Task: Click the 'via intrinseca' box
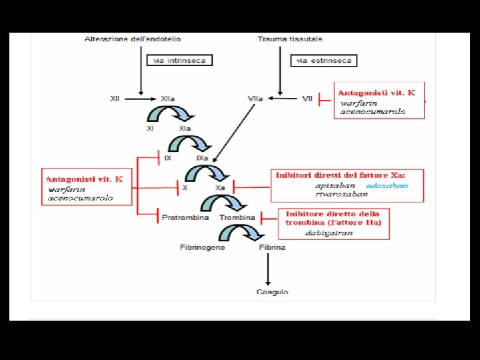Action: pyautogui.click(x=179, y=60)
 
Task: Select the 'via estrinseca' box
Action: pyautogui.click(x=324, y=60)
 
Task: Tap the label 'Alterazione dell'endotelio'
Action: pyautogui.click(x=133, y=39)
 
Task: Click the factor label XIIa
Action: pyautogui.click(x=167, y=99)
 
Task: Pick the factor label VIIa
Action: pyautogui.click(x=255, y=99)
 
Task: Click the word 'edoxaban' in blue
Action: pyautogui.click(x=387, y=186)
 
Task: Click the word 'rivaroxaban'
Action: pyautogui.click(x=341, y=194)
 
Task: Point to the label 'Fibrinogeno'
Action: pyautogui.click(x=202, y=247)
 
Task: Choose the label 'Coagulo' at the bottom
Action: pyautogui.click(x=272, y=291)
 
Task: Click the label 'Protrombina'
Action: pyautogui.click(x=185, y=217)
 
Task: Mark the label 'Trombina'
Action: pyautogui.click(x=237, y=217)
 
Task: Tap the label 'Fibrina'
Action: pyautogui.click(x=272, y=247)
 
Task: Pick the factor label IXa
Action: pyautogui.click(x=202, y=158)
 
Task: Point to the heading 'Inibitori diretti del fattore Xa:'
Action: pyautogui.click(x=340, y=175)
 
